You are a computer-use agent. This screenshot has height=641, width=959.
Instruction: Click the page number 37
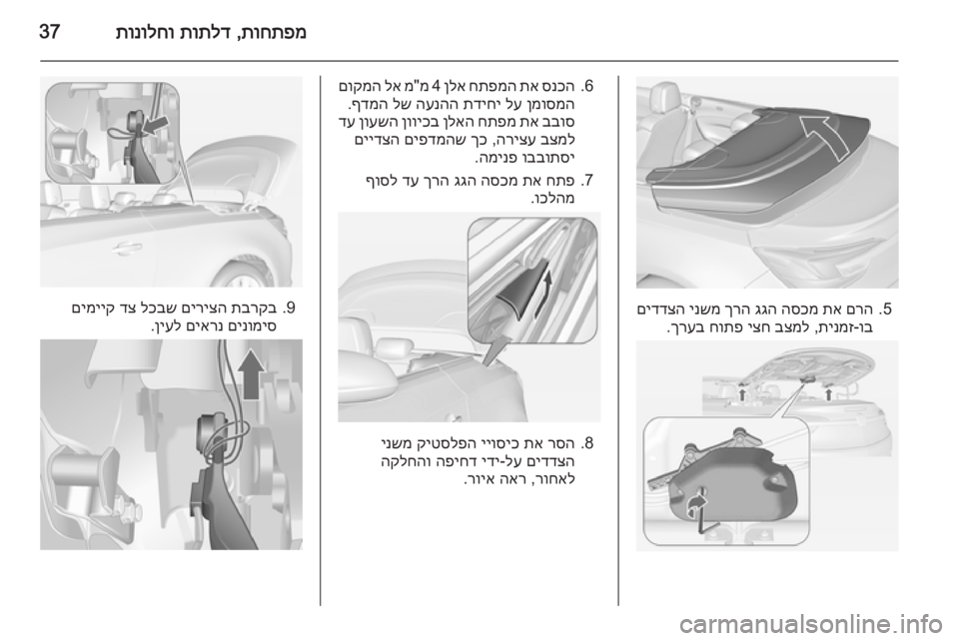coord(50,32)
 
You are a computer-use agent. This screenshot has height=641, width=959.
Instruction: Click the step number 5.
coord(887,309)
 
